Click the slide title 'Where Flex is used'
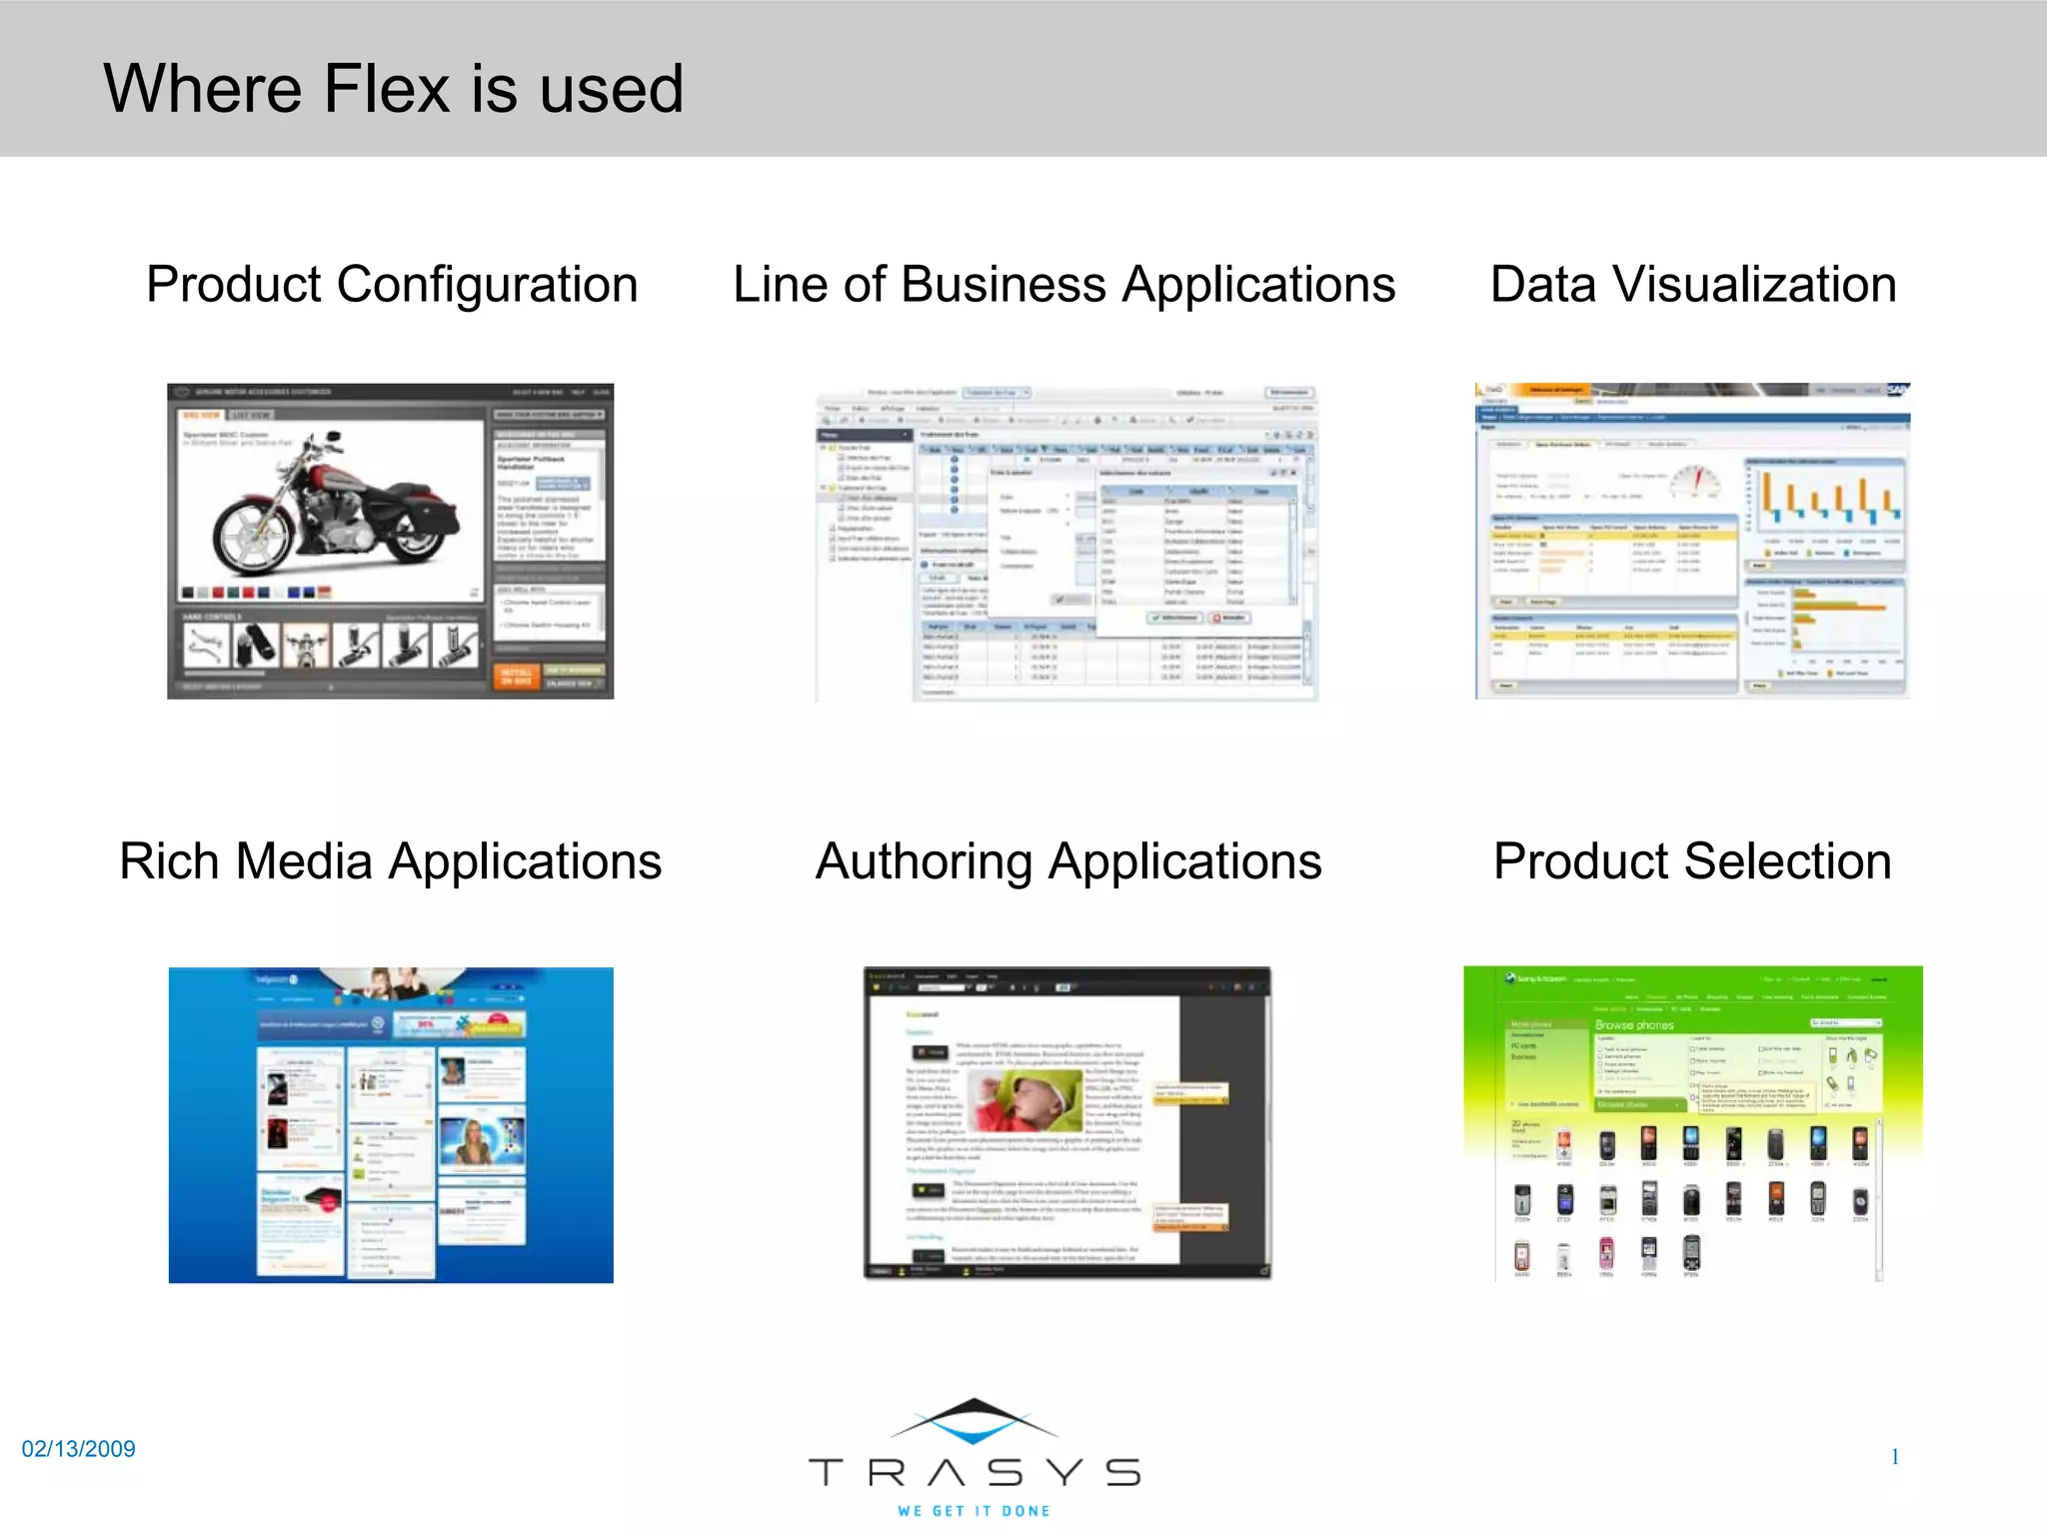[x=393, y=88]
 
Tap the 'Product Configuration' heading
[x=392, y=284]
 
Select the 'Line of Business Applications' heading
[x=1063, y=284]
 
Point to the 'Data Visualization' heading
[x=1693, y=284]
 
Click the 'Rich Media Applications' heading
[x=390, y=860]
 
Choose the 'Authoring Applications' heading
[x=1068, y=860]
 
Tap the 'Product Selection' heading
[x=1692, y=860]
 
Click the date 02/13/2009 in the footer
[x=78, y=1449]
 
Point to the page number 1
[x=1894, y=1457]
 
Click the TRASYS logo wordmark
[x=975, y=1472]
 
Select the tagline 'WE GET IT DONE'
[x=975, y=1511]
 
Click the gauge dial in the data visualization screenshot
[x=1695, y=480]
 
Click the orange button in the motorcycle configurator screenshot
[x=516, y=677]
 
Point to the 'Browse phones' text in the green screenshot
[x=1634, y=1025]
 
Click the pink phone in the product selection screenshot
[x=1606, y=1253]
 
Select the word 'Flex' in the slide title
[x=387, y=88]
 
